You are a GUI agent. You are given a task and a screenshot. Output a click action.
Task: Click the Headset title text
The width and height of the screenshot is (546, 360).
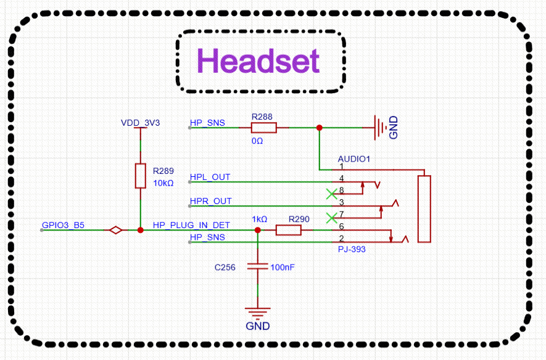pyautogui.click(x=259, y=61)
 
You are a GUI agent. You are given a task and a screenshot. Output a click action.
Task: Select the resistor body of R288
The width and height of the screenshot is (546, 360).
pyautogui.click(x=263, y=128)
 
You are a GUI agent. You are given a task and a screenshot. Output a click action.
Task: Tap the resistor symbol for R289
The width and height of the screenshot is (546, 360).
pyautogui.click(x=140, y=176)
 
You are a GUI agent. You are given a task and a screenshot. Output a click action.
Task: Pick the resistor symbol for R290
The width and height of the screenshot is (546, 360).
pyautogui.click(x=288, y=230)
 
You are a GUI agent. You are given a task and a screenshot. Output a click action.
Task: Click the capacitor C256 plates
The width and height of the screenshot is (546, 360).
pyautogui.click(x=257, y=267)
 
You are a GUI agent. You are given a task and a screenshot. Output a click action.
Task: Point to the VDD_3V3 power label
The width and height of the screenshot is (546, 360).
pyautogui.click(x=140, y=123)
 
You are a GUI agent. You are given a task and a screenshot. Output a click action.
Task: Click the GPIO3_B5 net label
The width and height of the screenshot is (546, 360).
pyautogui.click(x=63, y=225)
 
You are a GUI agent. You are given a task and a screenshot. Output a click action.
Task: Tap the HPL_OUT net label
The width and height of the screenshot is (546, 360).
pyautogui.click(x=210, y=177)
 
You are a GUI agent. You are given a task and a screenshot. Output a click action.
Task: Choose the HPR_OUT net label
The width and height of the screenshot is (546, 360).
pyautogui.click(x=210, y=201)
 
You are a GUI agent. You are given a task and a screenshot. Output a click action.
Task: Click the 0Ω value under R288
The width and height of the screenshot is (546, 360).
pyautogui.click(x=257, y=141)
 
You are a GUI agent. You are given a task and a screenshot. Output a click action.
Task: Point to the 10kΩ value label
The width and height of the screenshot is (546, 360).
pyautogui.click(x=163, y=183)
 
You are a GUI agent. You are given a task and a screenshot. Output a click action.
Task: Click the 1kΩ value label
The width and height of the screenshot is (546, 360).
pyautogui.click(x=259, y=219)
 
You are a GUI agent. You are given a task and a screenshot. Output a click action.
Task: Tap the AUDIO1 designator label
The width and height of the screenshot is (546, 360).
pyautogui.click(x=354, y=159)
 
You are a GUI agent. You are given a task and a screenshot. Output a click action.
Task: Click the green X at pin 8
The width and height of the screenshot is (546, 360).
pyautogui.click(x=331, y=194)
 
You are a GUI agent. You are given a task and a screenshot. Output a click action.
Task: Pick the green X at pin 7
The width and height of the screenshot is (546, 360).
pyautogui.click(x=331, y=218)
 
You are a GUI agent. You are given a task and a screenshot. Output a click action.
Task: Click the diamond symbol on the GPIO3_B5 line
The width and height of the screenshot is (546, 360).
pyautogui.click(x=115, y=230)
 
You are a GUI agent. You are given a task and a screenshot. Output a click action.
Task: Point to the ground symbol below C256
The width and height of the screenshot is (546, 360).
pyautogui.click(x=257, y=312)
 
